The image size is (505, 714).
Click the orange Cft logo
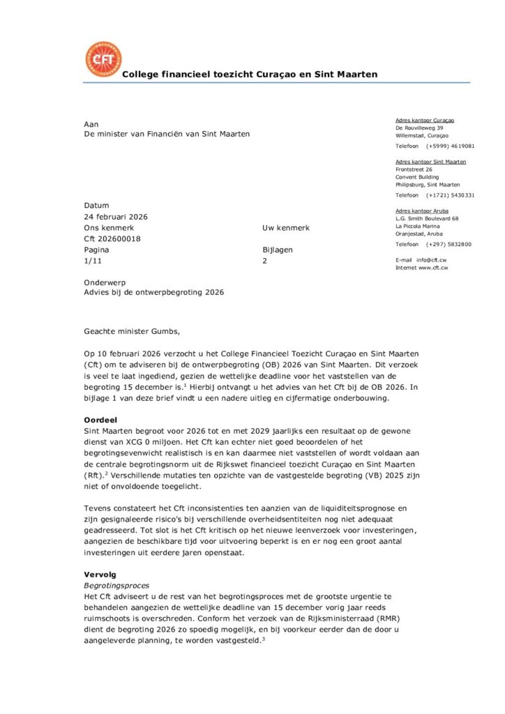click(103, 59)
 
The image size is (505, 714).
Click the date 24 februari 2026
click(116, 217)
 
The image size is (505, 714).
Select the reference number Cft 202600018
click(112, 238)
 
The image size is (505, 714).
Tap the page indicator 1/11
click(92, 260)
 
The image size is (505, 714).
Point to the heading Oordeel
click(100, 420)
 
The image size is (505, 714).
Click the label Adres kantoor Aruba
click(422, 211)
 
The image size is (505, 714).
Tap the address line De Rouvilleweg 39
click(419, 128)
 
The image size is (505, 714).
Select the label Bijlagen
click(273, 250)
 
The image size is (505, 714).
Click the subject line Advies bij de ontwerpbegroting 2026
click(154, 293)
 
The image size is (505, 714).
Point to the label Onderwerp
click(103, 282)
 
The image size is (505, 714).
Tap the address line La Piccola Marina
click(417, 226)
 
